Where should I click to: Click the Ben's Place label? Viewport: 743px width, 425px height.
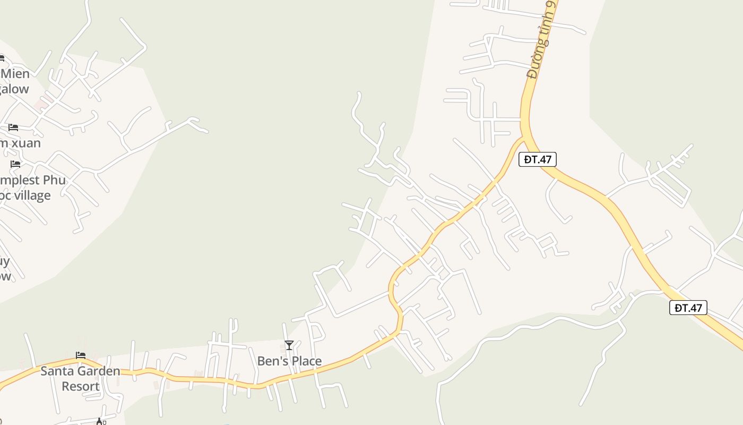tap(289, 361)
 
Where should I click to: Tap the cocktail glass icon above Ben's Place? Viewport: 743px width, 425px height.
tap(289, 346)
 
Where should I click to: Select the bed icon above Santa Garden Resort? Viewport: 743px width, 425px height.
tap(81, 355)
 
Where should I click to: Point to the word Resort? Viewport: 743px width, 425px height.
tap(81, 386)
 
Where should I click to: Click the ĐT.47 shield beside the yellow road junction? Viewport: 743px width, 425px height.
tap(538, 159)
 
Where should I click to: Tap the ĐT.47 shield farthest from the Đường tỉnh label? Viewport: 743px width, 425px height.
tap(688, 308)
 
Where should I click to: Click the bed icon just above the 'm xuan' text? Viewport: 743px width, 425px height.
tap(13, 127)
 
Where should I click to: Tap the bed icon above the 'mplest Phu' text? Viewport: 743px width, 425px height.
tap(15, 164)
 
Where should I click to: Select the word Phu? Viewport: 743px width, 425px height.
tap(54, 180)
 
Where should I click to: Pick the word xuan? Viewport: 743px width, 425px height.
tap(27, 143)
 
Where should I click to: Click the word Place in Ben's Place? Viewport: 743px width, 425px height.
tap(304, 361)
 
